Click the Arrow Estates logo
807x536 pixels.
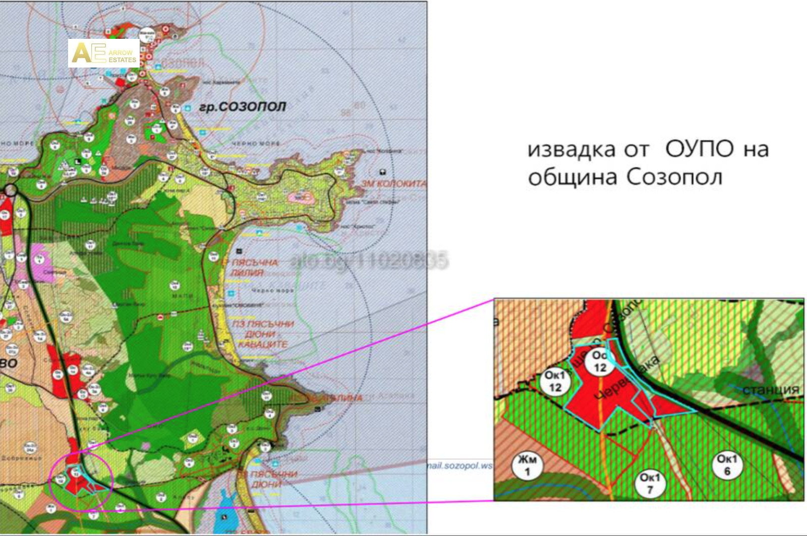click(x=104, y=53)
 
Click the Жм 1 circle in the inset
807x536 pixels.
click(x=527, y=465)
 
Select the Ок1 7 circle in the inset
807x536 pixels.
click(x=650, y=483)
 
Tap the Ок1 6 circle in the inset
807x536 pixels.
click(x=727, y=464)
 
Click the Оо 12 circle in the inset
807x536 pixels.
click(x=600, y=362)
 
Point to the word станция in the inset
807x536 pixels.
click(x=771, y=389)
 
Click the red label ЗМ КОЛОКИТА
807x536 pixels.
click(x=394, y=184)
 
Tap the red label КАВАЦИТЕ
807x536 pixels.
click(x=263, y=344)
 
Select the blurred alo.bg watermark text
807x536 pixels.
click(x=368, y=261)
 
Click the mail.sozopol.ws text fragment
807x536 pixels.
click(x=459, y=465)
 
